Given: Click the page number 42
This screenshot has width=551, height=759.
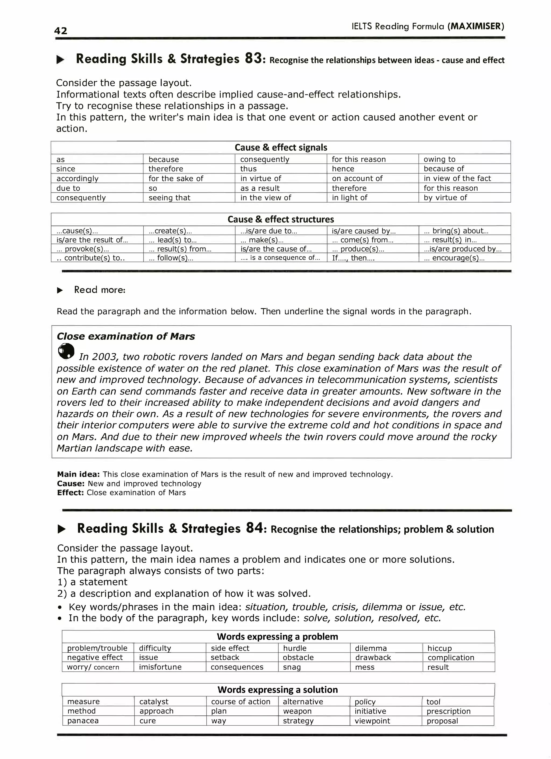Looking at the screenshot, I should tap(61, 31).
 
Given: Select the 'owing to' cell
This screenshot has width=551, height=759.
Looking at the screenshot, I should tap(439, 159).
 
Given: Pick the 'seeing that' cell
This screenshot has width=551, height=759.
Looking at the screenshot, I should tap(169, 198).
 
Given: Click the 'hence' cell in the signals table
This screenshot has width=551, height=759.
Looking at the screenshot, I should tap(343, 169).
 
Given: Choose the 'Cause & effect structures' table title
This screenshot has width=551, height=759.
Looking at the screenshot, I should tap(281, 220).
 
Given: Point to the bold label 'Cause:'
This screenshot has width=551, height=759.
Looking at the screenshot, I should tap(71, 483).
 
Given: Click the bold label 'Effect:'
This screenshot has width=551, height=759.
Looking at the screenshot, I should tap(70, 493).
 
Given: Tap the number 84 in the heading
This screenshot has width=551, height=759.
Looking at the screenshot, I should tap(254, 528).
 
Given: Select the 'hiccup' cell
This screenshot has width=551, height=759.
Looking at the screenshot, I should tap(439, 648).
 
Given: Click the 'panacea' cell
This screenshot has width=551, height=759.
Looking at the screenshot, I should tap(83, 720).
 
